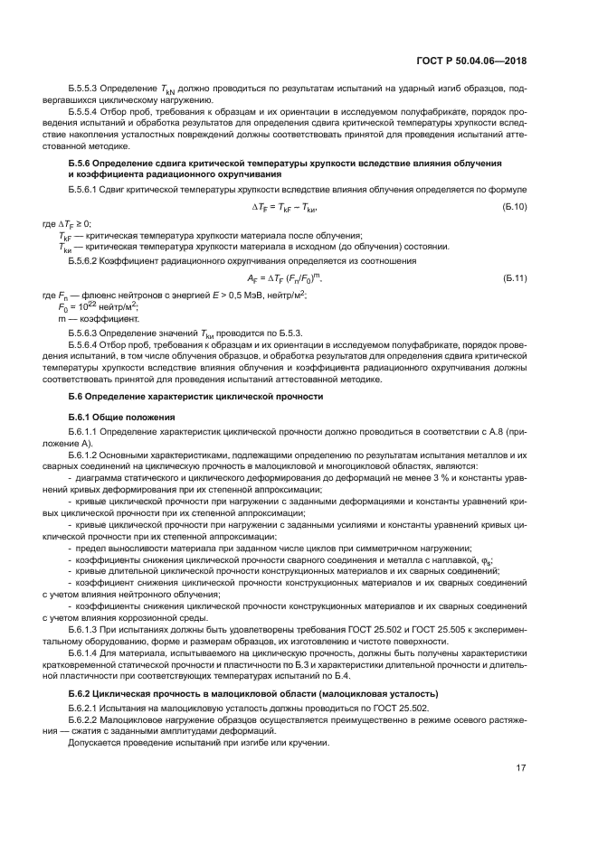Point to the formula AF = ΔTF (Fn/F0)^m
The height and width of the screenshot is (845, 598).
pyautogui.click(x=285, y=279)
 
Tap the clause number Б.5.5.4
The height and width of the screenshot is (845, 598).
pyautogui.click(x=85, y=114)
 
